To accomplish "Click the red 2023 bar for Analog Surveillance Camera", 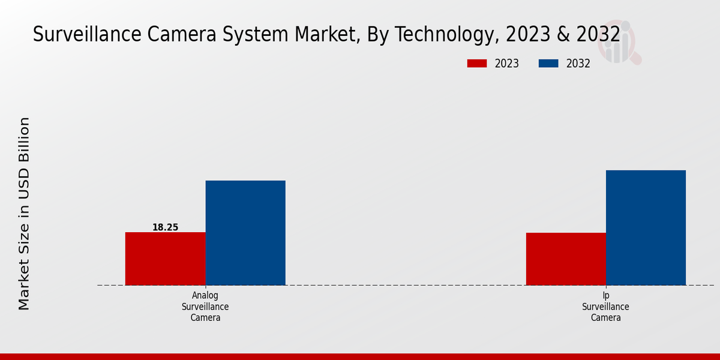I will coord(165,259).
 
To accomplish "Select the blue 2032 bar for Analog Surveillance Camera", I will coord(245,233).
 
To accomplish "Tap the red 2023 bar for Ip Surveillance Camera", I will coord(566,259).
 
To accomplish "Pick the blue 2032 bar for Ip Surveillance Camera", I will coord(646,227).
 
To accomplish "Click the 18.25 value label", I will coord(165,227).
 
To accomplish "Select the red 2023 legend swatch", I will coord(477,64).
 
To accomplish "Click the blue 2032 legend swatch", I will coord(548,64).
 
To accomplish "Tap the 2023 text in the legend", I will coord(507,64).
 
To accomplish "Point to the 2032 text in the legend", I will coord(578,64).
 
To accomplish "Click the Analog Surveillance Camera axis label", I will coord(205,307).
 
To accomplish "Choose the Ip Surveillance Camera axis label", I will coord(605,307).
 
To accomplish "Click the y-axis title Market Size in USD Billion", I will coord(24,213).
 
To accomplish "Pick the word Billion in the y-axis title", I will coord(24,140).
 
